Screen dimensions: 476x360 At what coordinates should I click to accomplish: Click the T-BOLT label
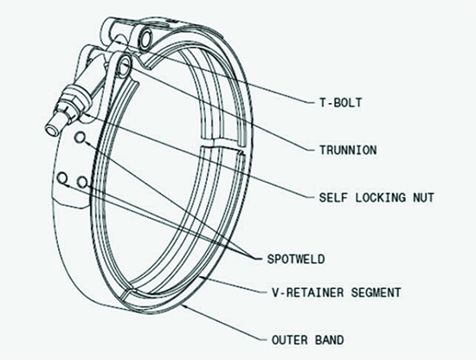point(341,103)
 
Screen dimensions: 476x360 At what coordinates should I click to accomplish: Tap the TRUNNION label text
point(348,150)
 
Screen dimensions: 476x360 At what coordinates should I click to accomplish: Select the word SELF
point(333,197)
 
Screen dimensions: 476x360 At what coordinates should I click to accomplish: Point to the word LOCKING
point(381,197)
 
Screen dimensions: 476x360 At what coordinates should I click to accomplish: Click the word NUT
point(423,197)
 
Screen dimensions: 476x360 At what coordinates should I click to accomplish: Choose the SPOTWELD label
point(296,259)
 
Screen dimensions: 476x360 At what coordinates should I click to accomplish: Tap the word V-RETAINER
point(308,292)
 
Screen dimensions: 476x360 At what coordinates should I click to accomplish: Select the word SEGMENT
point(376,292)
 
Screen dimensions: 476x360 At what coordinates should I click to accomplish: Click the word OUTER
point(290,339)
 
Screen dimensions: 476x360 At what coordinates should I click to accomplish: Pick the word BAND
point(330,339)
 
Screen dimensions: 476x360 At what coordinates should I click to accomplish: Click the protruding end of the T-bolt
point(52,129)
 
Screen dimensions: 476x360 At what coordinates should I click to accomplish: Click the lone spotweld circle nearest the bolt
point(80,138)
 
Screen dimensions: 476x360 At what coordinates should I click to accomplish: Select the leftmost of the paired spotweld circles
point(62,178)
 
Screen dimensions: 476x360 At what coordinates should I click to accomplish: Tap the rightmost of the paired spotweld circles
point(82,182)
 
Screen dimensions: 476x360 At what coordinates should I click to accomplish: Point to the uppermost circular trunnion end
point(146,38)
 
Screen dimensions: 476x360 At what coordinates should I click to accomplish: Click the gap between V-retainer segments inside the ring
point(221,144)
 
